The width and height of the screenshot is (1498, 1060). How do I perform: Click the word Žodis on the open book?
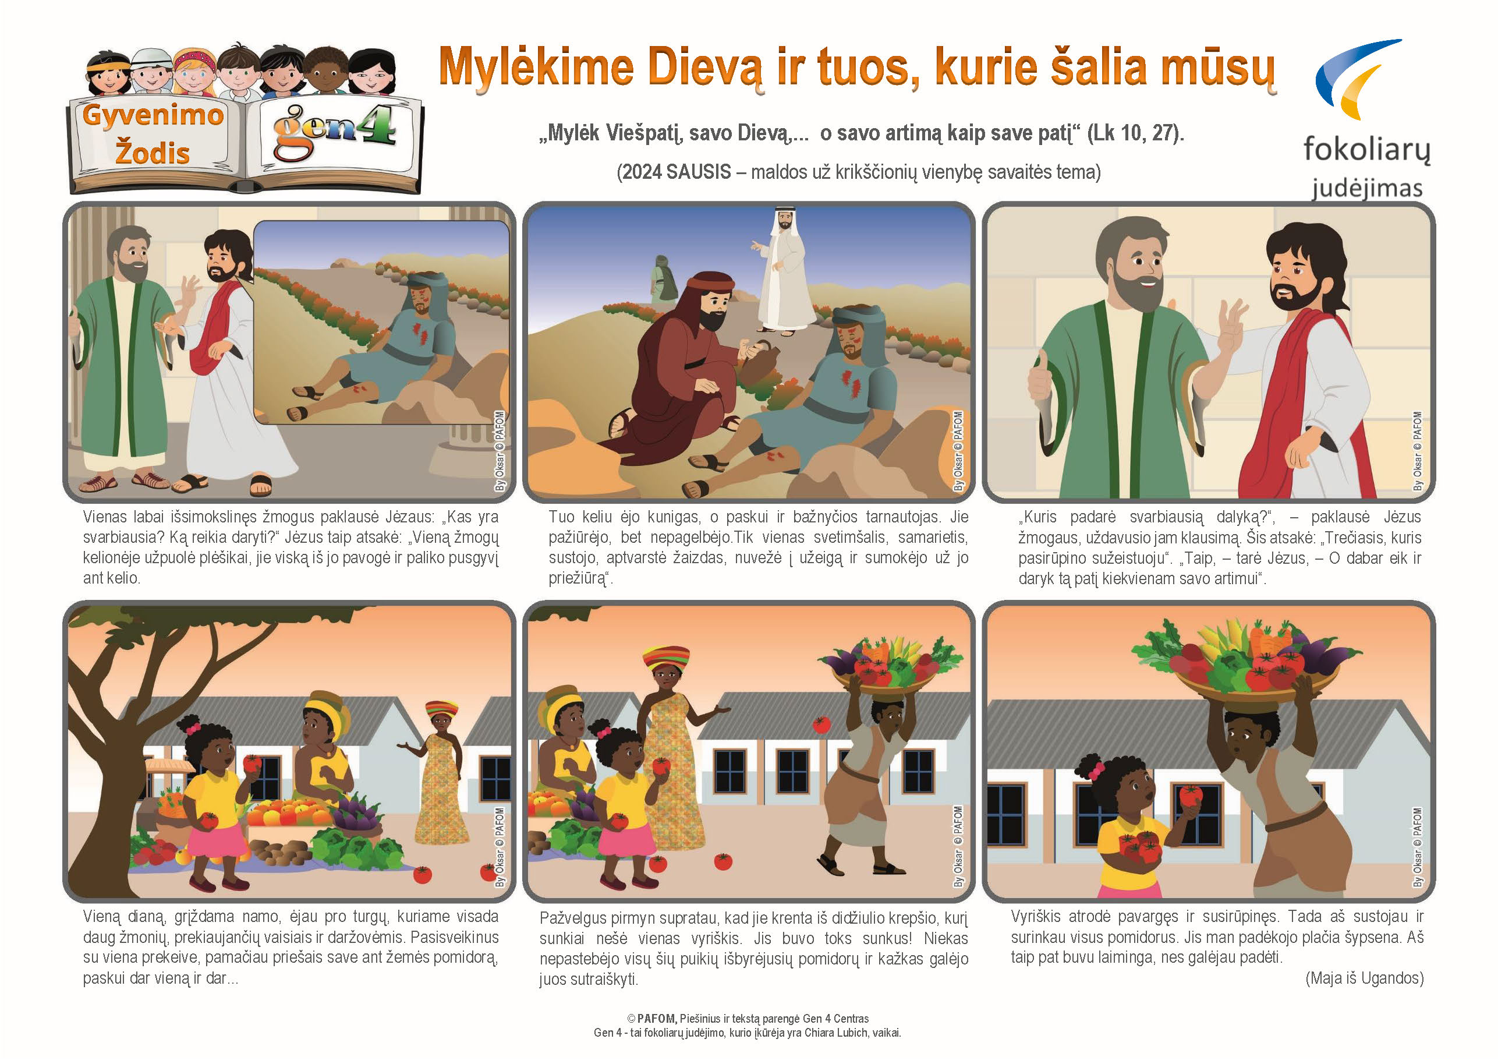coord(153,153)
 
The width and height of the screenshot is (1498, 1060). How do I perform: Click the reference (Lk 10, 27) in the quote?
coord(1135,133)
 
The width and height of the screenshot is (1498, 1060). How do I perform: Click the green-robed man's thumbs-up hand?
coord(1042,377)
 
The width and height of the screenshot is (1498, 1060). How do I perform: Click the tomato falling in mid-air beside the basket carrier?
coord(821,724)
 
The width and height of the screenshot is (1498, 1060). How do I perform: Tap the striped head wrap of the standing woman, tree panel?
coord(442,708)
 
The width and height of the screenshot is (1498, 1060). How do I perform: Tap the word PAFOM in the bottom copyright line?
coord(656,1019)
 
